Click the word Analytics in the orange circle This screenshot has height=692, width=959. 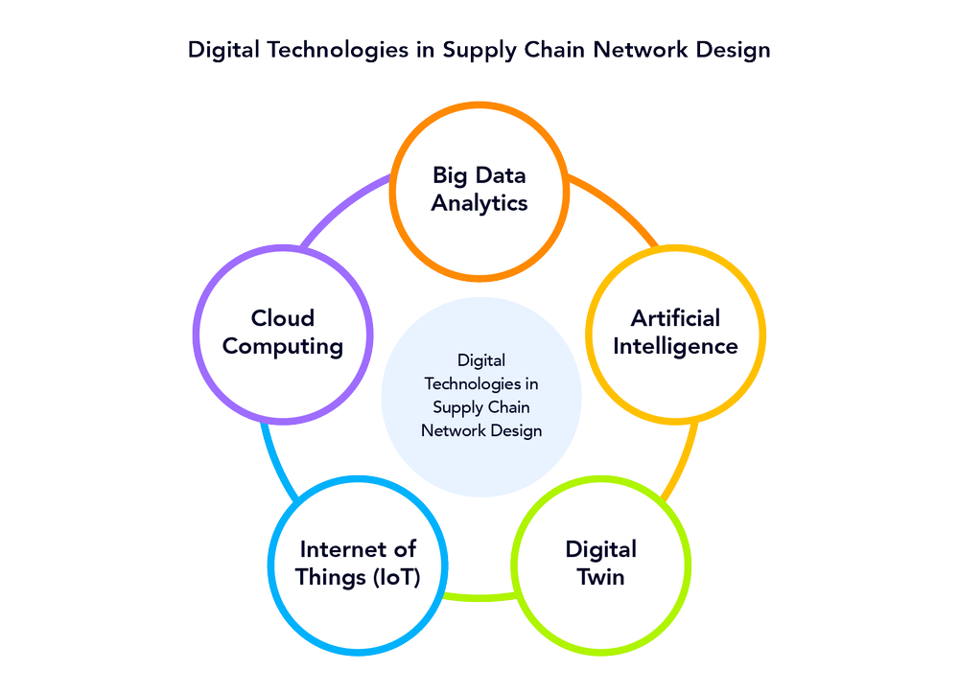(x=479, y=203)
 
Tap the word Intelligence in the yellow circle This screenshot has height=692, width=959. (x=675, y=346)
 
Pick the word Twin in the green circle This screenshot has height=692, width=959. (x=601, y=577)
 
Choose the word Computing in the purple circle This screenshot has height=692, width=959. (x=283, y=346)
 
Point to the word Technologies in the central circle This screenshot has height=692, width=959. (x=481, y=383)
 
